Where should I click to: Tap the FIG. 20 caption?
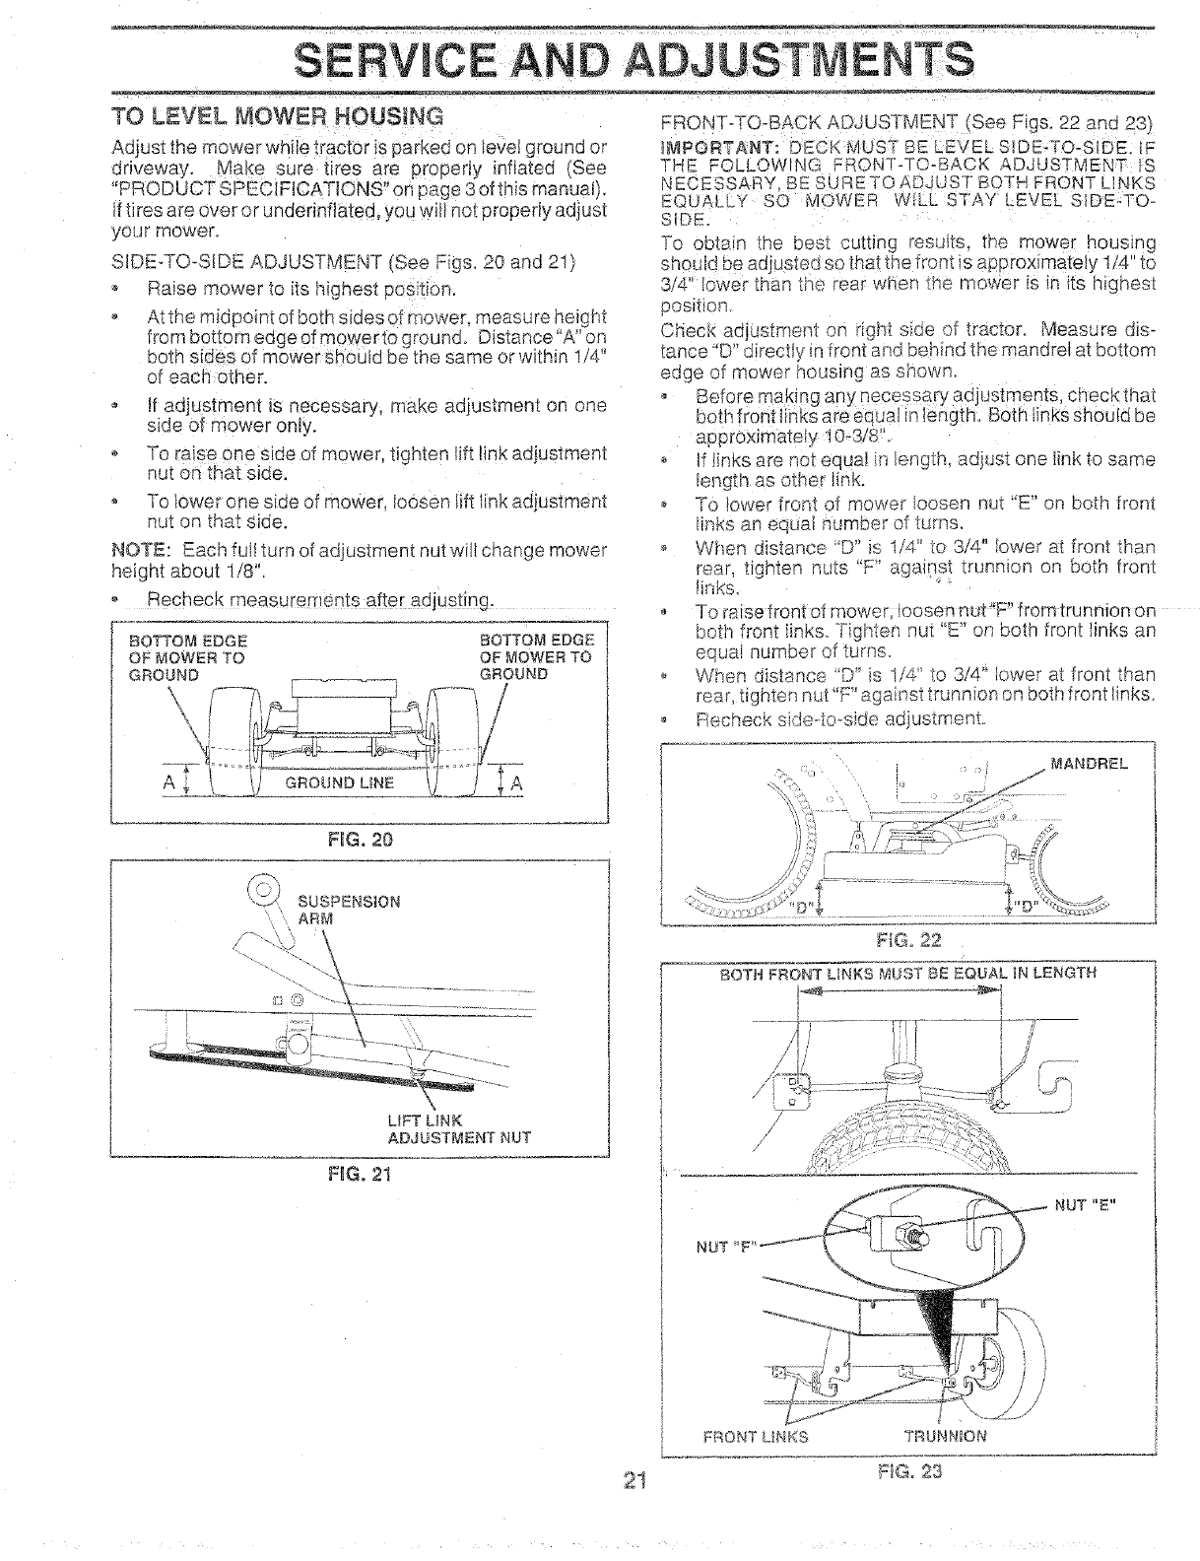point(361,840)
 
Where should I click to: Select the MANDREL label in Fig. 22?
point(1089,763)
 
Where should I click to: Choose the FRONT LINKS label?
point(756,1436)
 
